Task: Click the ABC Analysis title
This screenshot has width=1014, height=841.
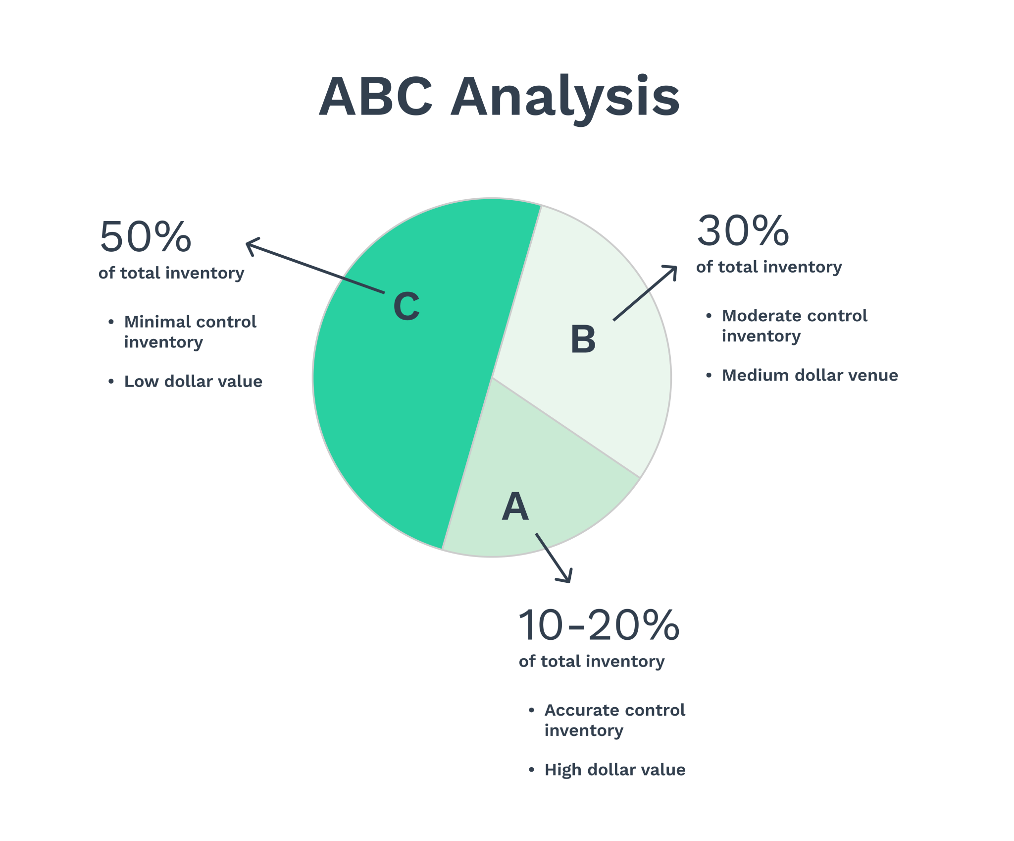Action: [x=499, y=97]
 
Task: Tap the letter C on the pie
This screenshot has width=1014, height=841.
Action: [x=406, y=306]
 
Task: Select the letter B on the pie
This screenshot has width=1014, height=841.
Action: [x=583, y=339]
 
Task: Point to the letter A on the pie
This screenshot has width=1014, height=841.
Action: [x=515, y=507]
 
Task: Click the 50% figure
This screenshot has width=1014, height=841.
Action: [x=146, y=237]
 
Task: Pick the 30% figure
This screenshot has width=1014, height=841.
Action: [x=743, y=231]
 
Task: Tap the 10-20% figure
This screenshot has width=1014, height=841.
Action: [x=598, y=625]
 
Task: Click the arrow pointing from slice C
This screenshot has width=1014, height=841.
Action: [x=314, y=267]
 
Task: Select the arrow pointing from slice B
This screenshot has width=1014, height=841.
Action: [x=645, y=293]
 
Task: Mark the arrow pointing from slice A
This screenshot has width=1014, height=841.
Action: [x=554, y=558]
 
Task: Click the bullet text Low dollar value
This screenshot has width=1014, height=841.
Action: [x=193, y=382]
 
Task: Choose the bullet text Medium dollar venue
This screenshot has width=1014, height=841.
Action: [x=810, y=376]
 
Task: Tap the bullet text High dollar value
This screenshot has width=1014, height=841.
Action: [x=615, y=770]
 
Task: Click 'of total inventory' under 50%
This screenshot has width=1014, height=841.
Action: [x=171, y=273]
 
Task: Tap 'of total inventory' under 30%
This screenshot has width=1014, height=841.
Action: [x=769, y=267]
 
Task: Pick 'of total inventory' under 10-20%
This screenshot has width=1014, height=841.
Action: [x=592, y=662]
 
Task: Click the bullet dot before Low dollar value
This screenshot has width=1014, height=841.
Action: [x=111, y=382]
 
